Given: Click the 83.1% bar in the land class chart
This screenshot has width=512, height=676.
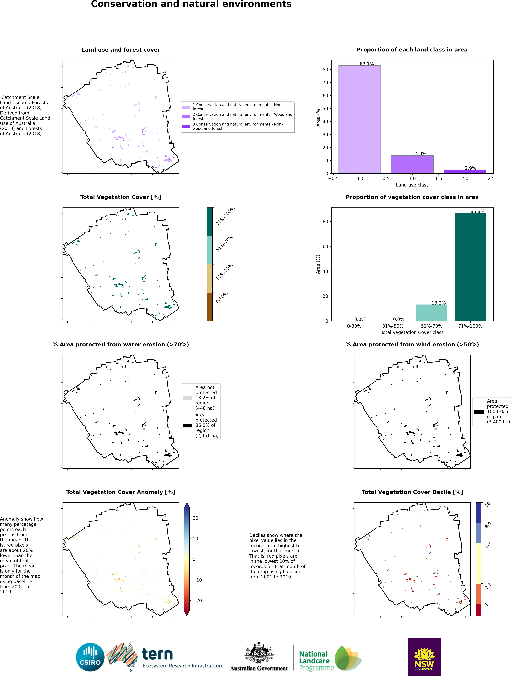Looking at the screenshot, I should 360,119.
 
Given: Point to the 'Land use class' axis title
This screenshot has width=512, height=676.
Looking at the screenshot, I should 412,185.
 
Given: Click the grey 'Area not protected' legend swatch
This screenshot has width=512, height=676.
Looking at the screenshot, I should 187,398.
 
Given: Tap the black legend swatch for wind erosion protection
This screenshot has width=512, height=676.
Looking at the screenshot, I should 479,412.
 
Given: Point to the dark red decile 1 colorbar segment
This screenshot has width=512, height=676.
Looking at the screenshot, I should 479,609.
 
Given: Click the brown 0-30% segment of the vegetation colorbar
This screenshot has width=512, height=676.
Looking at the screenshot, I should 210,307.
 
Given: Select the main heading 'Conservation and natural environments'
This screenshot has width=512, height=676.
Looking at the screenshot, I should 191,4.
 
